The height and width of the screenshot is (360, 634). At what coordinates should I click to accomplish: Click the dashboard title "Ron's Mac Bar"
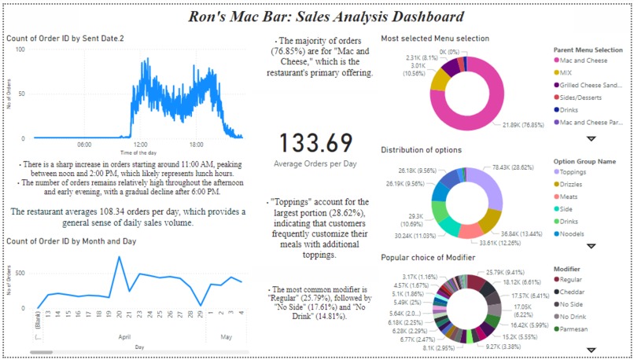[x=326, y=17]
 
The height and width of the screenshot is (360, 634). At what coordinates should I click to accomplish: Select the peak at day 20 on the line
[x=119, y=257]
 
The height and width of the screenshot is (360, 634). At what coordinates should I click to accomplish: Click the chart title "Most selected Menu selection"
[x=434, y=39]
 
